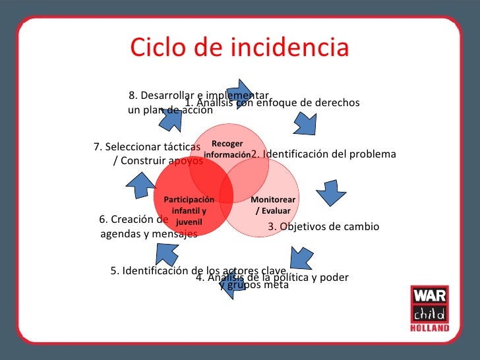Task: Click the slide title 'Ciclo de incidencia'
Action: (239, 48)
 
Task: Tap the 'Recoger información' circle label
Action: (227, 149)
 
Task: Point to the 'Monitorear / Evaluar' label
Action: (273, 205)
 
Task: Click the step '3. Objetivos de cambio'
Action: (323, 226)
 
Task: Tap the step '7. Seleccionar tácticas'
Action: (148, 146)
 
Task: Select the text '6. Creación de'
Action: (134, 220)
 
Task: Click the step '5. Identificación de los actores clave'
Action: (198, 270)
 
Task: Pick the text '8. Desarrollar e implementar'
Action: (200, 96)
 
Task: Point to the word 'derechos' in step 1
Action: (339, 103)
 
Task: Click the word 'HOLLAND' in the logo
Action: (429, 328)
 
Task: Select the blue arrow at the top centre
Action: (239, 93)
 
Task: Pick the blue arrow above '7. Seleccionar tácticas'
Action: (172, 119)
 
